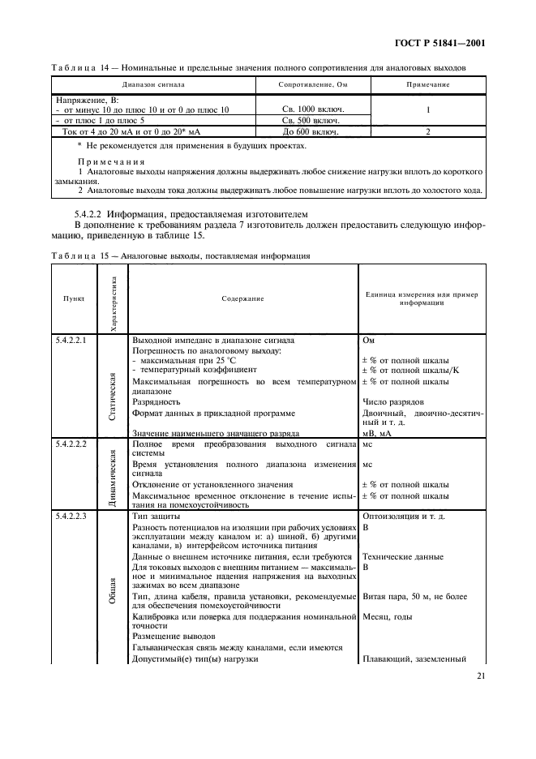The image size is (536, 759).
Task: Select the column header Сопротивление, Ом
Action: point(312,84)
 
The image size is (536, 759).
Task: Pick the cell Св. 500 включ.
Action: point(313,120)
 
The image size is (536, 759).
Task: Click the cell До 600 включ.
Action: point(313,131)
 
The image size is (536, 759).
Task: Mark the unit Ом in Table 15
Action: point(369,340)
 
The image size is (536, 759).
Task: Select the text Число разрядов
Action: point(394,401)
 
